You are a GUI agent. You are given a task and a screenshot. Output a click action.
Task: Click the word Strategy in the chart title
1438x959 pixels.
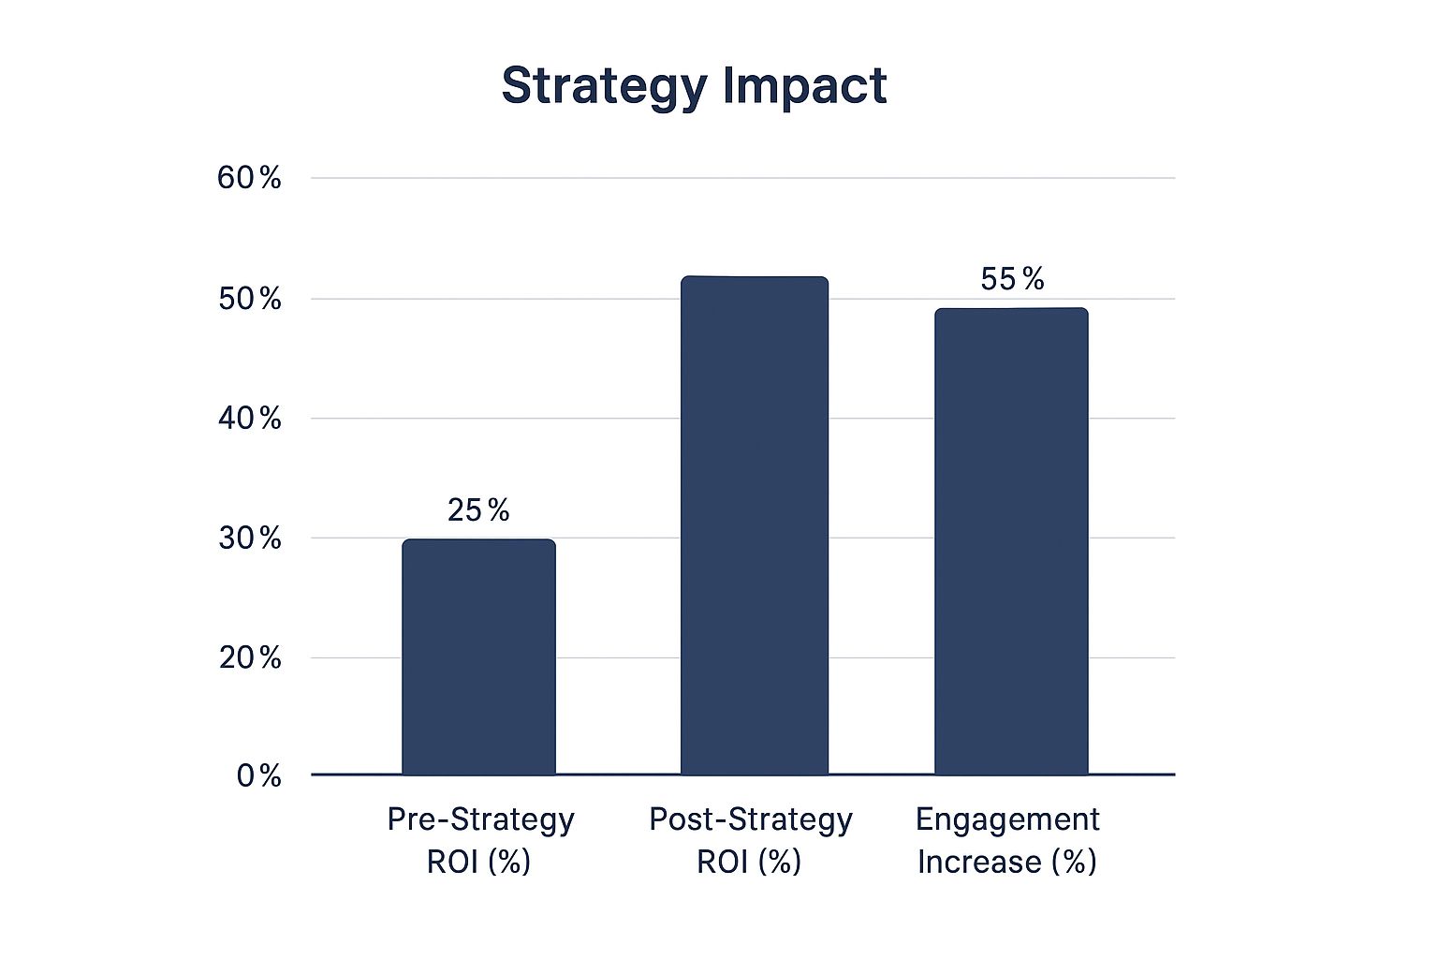coord(605,86)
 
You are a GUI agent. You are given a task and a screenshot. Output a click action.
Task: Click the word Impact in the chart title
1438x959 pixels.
coord(804,86)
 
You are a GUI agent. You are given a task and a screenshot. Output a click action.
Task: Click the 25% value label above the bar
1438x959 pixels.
coord(478,510)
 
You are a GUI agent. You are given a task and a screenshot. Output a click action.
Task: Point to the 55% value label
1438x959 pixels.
coord(1012,279)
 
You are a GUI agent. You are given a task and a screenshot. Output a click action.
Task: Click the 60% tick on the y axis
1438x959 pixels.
coord(249,178)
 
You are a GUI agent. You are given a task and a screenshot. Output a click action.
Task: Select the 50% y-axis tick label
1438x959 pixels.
coord(249,300)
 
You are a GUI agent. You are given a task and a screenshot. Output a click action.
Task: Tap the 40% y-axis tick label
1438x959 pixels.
coord(249,419)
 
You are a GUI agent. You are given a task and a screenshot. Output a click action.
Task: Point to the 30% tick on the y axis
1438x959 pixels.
coord(249,539)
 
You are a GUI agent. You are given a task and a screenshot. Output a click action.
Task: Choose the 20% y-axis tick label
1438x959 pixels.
coord(249,658)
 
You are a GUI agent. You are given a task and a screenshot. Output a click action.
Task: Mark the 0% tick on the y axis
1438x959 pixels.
coord(258,775)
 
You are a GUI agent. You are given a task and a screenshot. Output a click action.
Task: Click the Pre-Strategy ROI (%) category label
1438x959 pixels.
coord(480,840)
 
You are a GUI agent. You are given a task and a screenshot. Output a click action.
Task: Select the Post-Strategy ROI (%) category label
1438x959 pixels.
coord(750,840)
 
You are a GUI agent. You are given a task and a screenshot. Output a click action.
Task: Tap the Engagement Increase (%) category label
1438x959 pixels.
coord(1007,840)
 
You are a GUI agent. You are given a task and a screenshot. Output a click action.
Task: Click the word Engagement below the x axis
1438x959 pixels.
coord(1007,819)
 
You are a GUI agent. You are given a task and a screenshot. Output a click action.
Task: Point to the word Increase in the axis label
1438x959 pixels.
coord(979,862)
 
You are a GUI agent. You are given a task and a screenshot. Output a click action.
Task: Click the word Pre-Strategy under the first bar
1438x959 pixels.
coord(480,819)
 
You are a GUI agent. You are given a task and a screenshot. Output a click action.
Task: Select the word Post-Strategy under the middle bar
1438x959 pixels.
coord(750,819)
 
